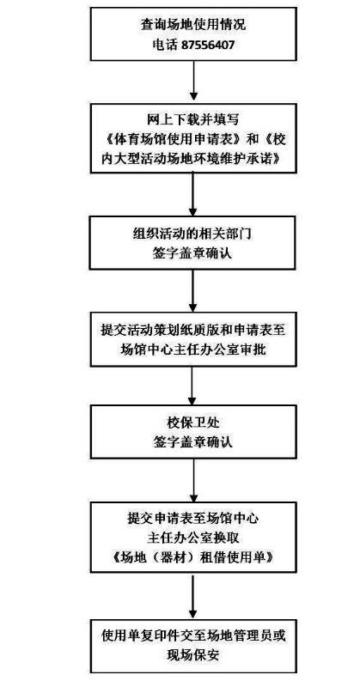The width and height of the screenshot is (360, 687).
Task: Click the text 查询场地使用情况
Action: tap(192, 24)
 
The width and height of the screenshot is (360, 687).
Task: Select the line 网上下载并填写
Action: tap(192, 121)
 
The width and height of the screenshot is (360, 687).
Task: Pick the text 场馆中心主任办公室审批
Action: tap(192, 348)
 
